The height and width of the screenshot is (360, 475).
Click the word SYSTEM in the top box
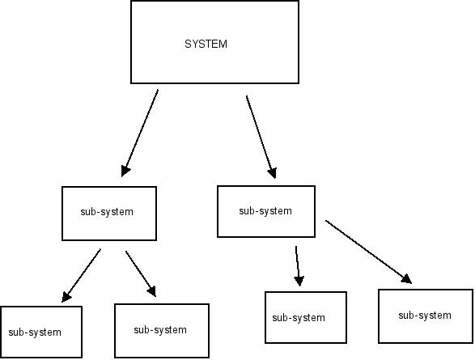tap(206, 44)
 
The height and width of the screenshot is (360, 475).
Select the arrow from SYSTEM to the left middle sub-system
tap(139, 133)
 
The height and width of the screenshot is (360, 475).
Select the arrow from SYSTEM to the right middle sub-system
tap(261, 138)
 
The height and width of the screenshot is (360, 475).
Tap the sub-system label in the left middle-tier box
tap(107, 212)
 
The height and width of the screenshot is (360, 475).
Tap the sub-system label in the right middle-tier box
tap(265, 210)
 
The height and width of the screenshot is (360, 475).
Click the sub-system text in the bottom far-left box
tap(35, 332)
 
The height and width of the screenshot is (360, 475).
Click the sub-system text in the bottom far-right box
tap(425, 316)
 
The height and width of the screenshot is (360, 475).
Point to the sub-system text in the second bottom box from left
tap(160, 329)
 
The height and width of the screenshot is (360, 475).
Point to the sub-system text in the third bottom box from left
tap(299, 318)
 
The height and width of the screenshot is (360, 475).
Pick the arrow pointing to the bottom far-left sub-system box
tap(81, 276)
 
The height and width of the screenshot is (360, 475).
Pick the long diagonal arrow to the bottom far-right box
tap(369, 252)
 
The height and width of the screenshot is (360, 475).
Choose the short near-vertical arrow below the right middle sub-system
tap(298, 266)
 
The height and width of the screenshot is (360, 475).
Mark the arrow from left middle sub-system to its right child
tap(141, 273)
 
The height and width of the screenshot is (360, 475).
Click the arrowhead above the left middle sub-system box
tap(125, 171)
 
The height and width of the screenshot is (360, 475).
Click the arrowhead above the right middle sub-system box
tap(273, 173)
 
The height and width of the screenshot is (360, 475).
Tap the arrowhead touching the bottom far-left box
tap(66, 297)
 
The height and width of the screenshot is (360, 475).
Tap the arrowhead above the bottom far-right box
tap(406, 279)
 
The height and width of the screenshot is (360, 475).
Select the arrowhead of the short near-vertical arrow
tap(299, 281)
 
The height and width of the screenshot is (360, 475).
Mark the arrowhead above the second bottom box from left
tap(152, 291)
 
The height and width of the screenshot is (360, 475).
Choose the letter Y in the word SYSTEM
tap(195, 44)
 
